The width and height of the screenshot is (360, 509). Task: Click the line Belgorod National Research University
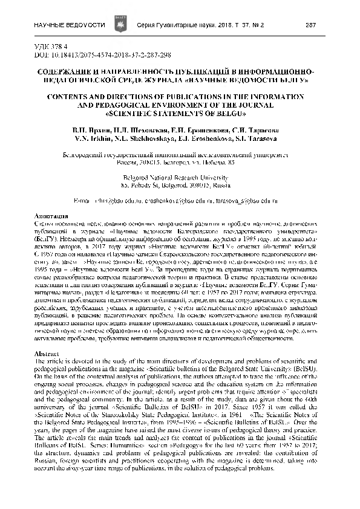pos(180,179)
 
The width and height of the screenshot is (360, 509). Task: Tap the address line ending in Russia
pos(180,186)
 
